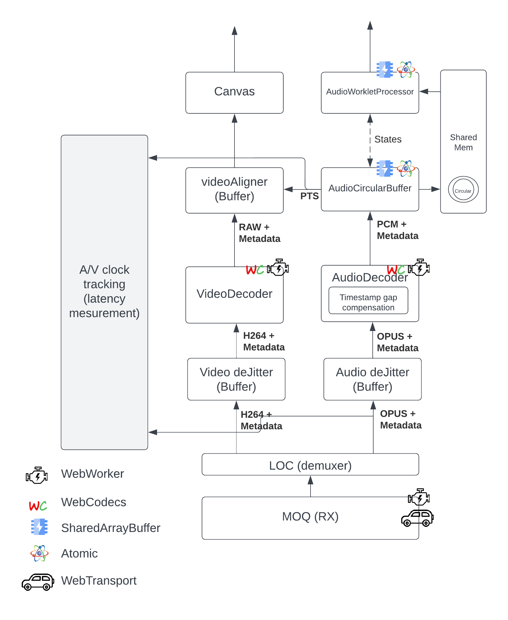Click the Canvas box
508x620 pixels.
tap(234, 93)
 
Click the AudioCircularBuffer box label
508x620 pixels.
tap(370, 188)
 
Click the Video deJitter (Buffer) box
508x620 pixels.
tap(236, 379)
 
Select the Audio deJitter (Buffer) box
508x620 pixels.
tap(372, 379)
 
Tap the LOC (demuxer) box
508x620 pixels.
tap(310, 466)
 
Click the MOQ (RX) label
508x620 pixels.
tap(310, 516)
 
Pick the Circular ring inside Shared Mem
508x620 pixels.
tap(463, 190)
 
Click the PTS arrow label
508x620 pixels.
tap(309, 196)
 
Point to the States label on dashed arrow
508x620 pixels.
tap(388, 139)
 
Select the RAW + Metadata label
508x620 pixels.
tap(259, 233)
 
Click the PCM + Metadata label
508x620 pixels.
tap(397, 230)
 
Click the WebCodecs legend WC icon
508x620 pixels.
tap(38, 505)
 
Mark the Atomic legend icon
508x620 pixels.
tap(39, 553)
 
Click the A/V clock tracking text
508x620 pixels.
tap(104, 291)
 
